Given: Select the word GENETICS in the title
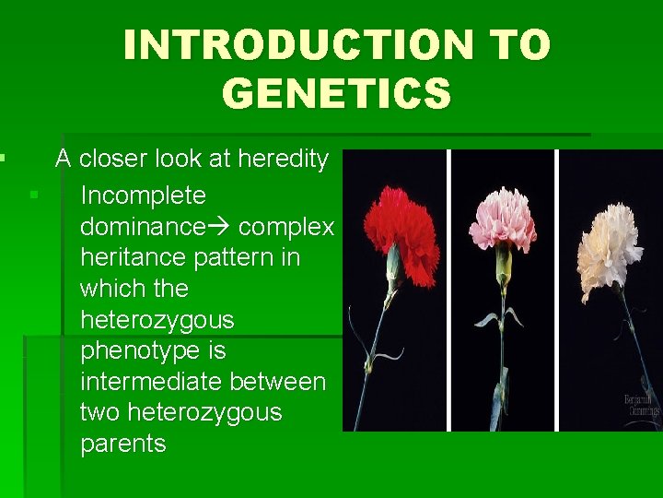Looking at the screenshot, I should (x=336, y=93).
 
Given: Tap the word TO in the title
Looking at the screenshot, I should (x=518, y=45).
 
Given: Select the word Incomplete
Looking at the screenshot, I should (x=143, y=196).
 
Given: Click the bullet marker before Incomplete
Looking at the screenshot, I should (x=33, y=195).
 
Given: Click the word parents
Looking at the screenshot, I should (x=122, y=445).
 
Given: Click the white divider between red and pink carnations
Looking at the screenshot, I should (x=449, y=290).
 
